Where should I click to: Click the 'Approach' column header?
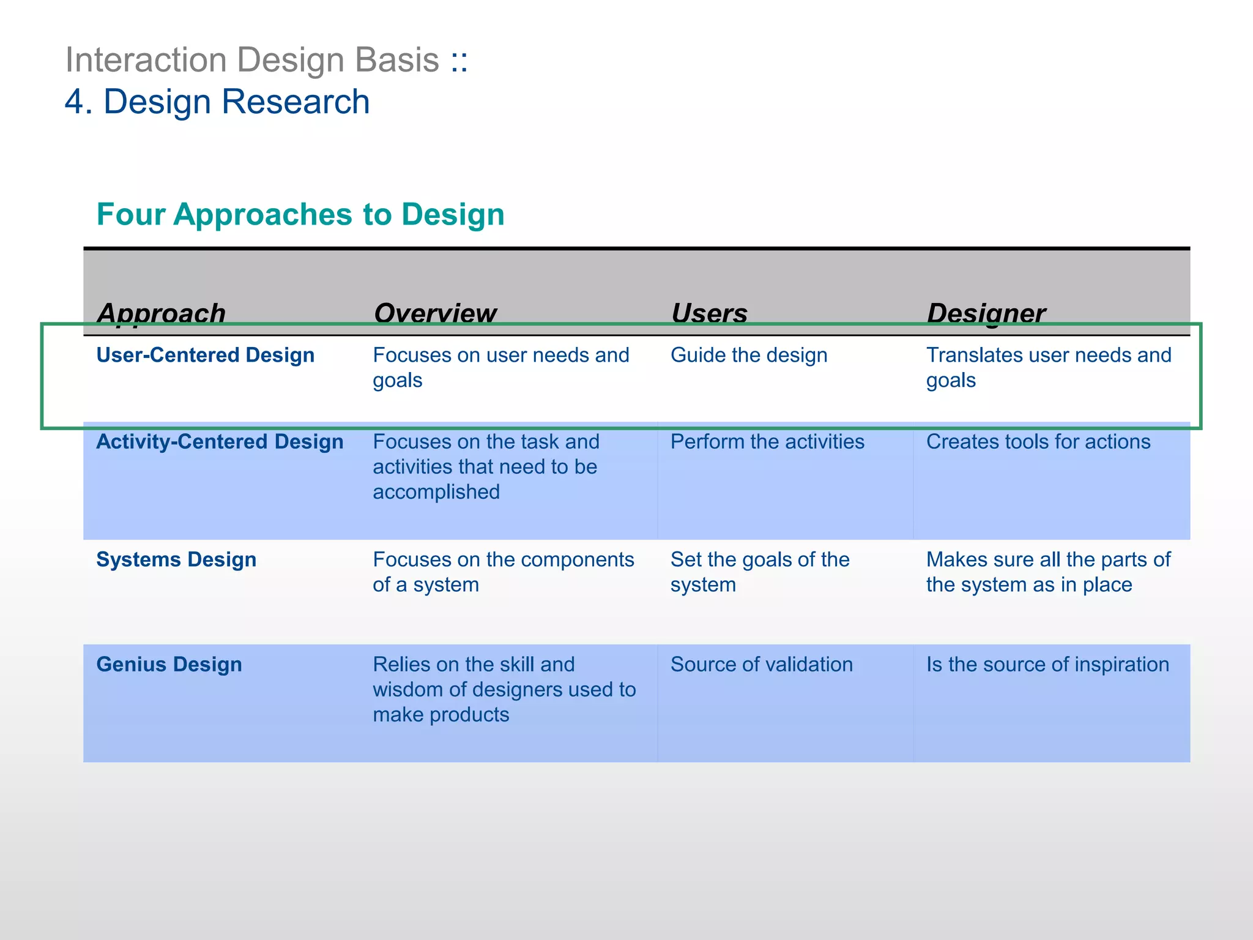click(161, 313)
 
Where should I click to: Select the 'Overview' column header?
click(435, 313)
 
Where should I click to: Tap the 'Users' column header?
click(709, 313)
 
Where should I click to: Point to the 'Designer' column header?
click(986, 313)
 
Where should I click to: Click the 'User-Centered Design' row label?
click(206, 355)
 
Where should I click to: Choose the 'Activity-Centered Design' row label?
click(220, 442)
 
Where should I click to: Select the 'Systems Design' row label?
click(176, 559)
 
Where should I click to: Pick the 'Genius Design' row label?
click(169, 664)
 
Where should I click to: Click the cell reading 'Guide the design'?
click(748, 355)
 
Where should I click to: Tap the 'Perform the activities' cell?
click(767, 442)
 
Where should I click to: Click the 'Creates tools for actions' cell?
click(1038, 442)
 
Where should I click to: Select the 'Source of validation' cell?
click(761, 664)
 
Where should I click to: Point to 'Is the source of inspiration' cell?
click(1047, 664)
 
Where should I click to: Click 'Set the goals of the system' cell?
click(759, 572)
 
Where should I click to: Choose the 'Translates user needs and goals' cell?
click(1048, 367)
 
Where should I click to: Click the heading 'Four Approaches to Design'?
click(300, 214)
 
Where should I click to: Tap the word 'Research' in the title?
click(296, 102)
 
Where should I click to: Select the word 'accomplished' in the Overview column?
click(436, 492)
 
